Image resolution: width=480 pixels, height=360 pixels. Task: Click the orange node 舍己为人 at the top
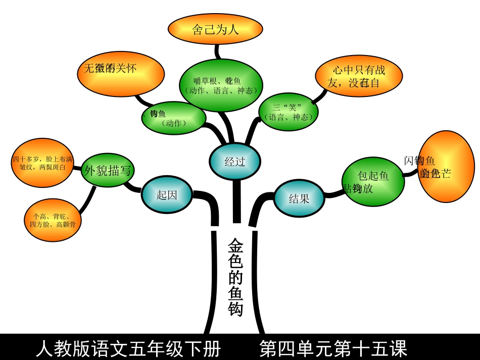pyautogui.click(x=215, y=29)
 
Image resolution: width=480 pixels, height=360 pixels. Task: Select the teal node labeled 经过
pyautogui.click(x=235, y=162)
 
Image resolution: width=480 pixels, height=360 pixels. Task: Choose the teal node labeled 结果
pyautogui.click(x=299, y=198)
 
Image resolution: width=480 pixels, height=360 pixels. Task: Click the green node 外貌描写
pyautogui.click(x=108, y=171)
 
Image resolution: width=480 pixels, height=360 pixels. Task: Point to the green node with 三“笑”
pyautogui.click(x=288, y=112)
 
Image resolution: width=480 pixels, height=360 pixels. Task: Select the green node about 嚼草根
pyautogui.click(x=221, y=85)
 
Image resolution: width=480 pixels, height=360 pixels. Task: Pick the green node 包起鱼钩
pyautogui.click(x=373, y=182)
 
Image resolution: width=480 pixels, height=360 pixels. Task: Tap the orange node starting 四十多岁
pyautogui.click(x=42, y=163)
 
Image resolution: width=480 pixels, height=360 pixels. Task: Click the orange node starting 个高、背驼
pyautogui.click(x=53, y=220)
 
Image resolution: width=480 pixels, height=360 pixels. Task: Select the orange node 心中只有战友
pyautogui.click(x=359, y=76)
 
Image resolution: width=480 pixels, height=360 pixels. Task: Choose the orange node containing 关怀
pyautogui.click(x=121, y=74)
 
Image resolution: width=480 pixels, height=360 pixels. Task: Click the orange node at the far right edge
pyautogui.click(x=446, y=167)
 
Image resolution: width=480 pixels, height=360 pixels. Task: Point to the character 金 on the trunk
pyautogui.click(x=235, y=246)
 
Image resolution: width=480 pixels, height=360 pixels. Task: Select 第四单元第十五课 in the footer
pyautogui.click(x=333, y=348)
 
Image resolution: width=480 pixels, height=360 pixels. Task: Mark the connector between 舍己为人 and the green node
pyautogui.click(x=217, y=52)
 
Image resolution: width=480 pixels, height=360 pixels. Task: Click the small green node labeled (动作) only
pyautogui.click(x=174, y=118)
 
